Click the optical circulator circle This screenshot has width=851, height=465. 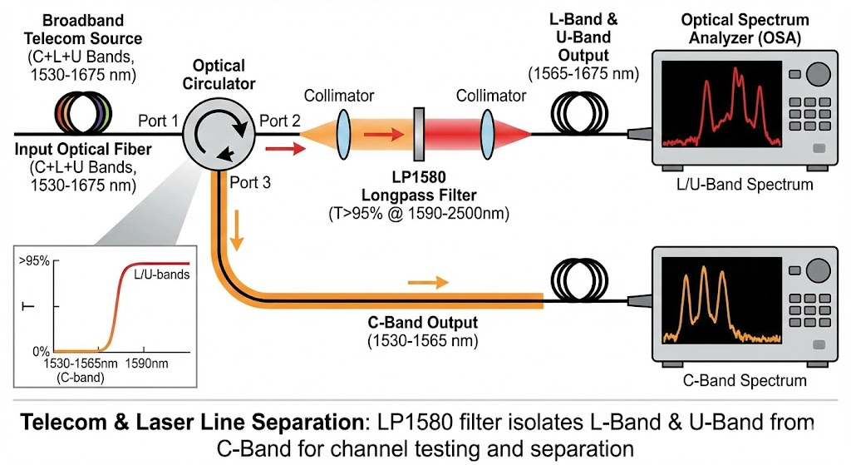click(x=218, y=132)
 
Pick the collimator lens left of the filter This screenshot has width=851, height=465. click(x=343, y=132)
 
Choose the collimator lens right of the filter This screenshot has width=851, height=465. click(x=489, y=132)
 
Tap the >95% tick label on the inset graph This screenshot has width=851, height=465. click(x=34, y=261)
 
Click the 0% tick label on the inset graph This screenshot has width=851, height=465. click(x=40, y=351)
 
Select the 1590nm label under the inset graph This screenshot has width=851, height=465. click(x=146, y=364)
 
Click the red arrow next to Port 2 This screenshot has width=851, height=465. click(x=280, y=151)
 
